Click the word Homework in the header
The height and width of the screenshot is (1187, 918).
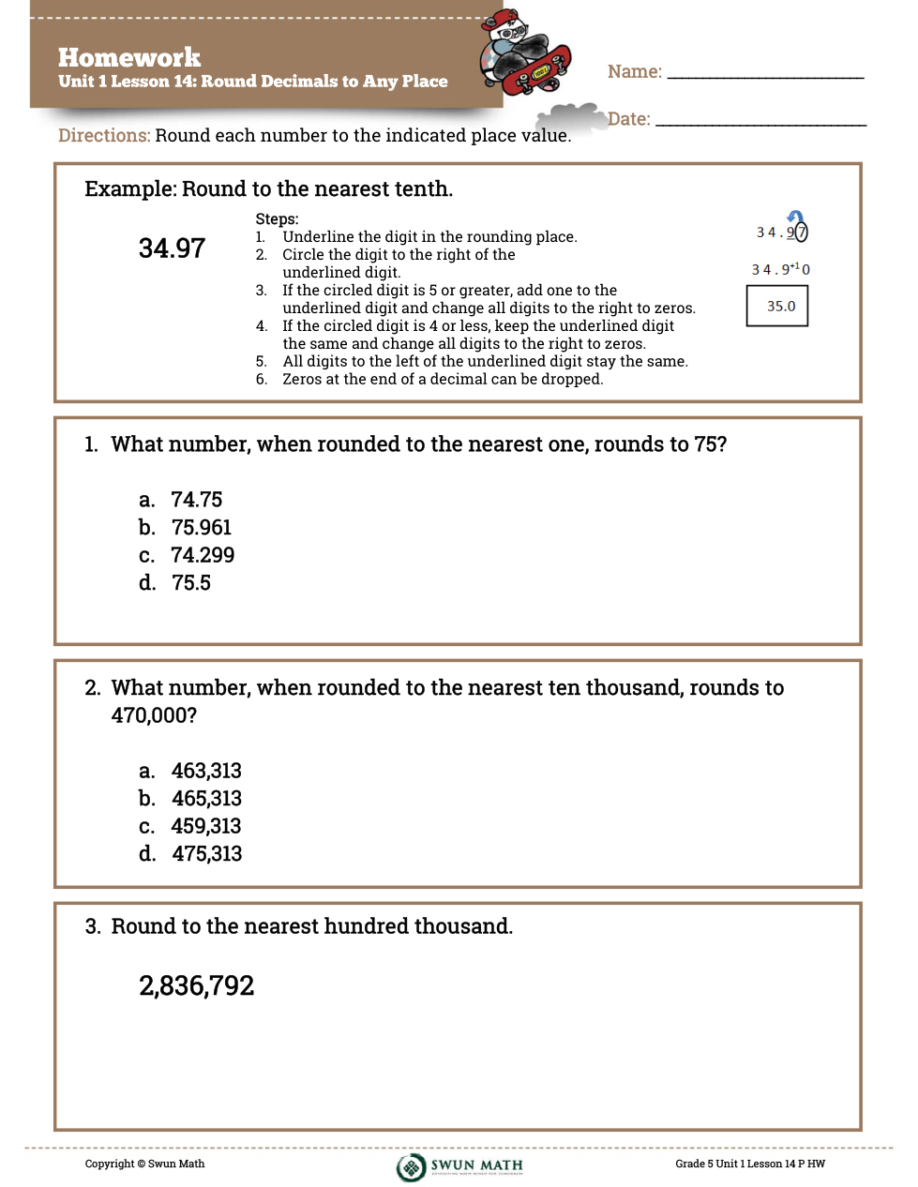coord(129,58)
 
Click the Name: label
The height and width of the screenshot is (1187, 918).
coord(635,72)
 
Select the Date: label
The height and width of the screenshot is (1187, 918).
coord(629,119)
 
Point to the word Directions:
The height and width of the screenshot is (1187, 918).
coord(104,136)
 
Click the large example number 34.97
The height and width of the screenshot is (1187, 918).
coord(172,248)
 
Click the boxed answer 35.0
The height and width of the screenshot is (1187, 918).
coord(780,307)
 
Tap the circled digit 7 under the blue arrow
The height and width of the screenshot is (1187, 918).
coord(802,233)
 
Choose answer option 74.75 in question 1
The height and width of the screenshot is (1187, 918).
coord(196,500)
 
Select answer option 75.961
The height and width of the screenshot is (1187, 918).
coord(201,528)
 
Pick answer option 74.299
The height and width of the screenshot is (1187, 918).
coord(203,555)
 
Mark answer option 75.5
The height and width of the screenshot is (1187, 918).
coord(190,583)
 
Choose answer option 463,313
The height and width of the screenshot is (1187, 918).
coord(206,771)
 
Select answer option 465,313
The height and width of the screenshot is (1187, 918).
coord(206,799)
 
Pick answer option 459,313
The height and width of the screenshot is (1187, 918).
coord(206,826)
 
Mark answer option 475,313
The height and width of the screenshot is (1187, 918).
coord(206,854)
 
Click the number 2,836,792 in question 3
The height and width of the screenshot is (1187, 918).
coord(197,986)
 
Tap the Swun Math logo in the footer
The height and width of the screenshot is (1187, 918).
coord(459,1166)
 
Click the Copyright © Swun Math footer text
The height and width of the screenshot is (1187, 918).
coord(144,1164)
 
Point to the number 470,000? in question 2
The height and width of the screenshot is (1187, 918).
coord(154,715)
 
